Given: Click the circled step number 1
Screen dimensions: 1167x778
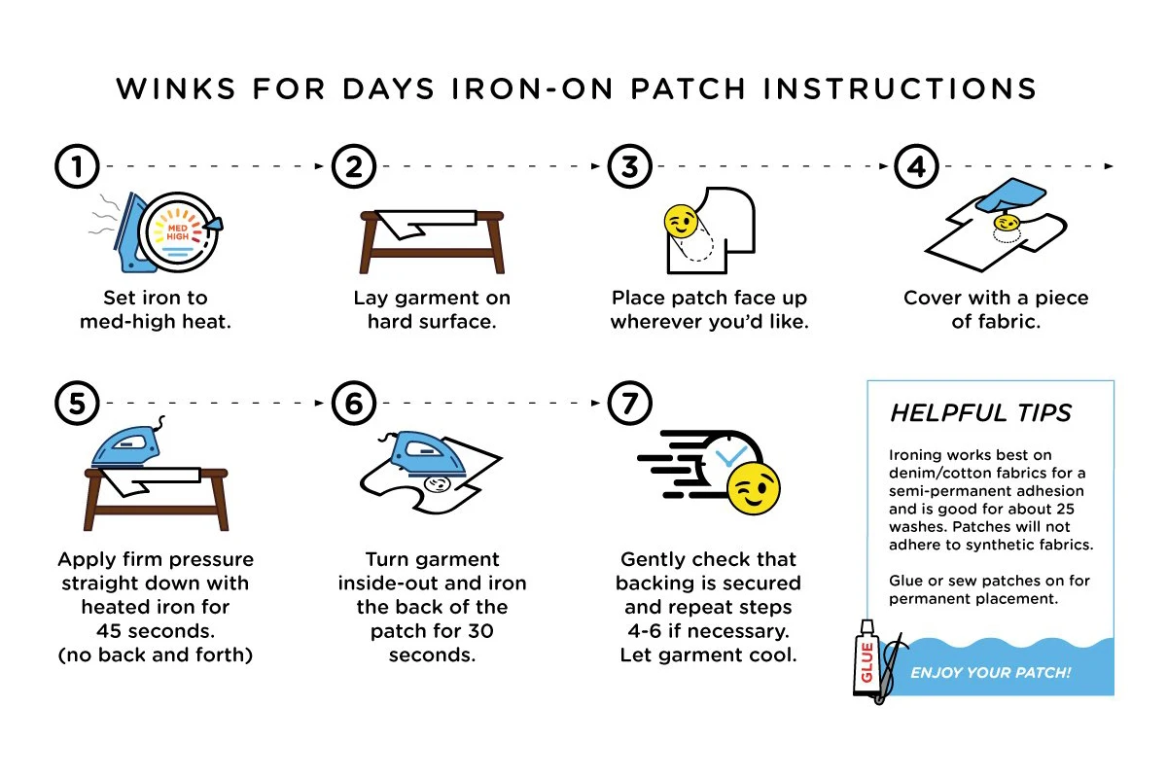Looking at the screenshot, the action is [x=77, y=167].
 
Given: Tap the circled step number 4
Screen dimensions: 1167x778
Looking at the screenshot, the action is [x=915, y=167].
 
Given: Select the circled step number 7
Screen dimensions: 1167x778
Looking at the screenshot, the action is [x=630, y=402].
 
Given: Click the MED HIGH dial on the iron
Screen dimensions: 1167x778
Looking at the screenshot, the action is [x=177, y=230].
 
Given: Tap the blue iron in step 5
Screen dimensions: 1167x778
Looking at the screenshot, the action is [x=125, y=448].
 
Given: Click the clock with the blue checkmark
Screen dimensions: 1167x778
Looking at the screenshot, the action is [x=732, y=456].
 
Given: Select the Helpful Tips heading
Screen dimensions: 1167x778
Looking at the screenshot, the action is [x=980, y=413].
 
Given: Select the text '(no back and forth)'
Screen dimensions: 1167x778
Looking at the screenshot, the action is [x=156, y=654].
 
